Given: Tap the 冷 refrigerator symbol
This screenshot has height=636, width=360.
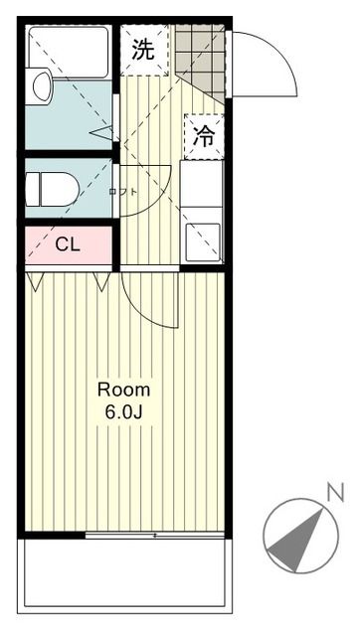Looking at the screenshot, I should (x=204, y=138).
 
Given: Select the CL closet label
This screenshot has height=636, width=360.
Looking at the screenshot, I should (x=68, y=244).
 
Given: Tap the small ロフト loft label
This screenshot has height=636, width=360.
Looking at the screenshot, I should (x=122, y=190).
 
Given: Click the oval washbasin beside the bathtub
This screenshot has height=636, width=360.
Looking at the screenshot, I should (x=42, y=86).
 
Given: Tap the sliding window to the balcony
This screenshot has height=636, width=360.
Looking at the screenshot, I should (x=154, y=535).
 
